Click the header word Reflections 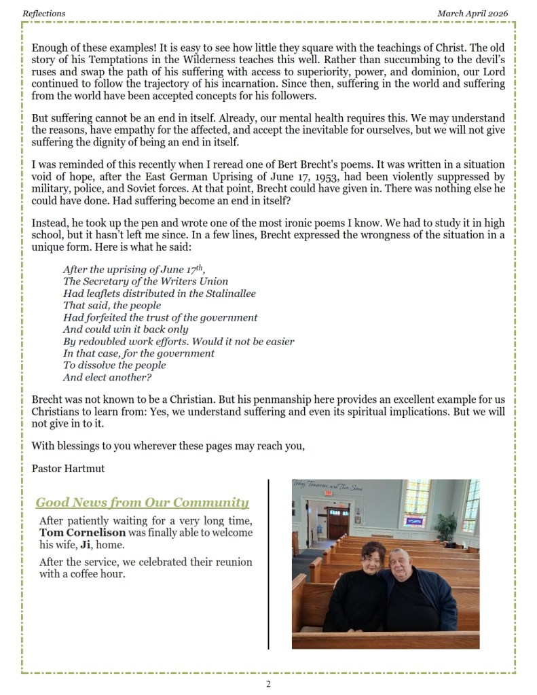click(44, 13)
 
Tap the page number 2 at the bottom click(268, 683)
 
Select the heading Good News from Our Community click(142, 503)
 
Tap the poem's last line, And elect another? click(107, 377)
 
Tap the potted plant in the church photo click(446, 527)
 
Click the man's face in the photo click(401, 560)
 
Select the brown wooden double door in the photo click(337, 522)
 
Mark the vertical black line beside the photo click(269, 564)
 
